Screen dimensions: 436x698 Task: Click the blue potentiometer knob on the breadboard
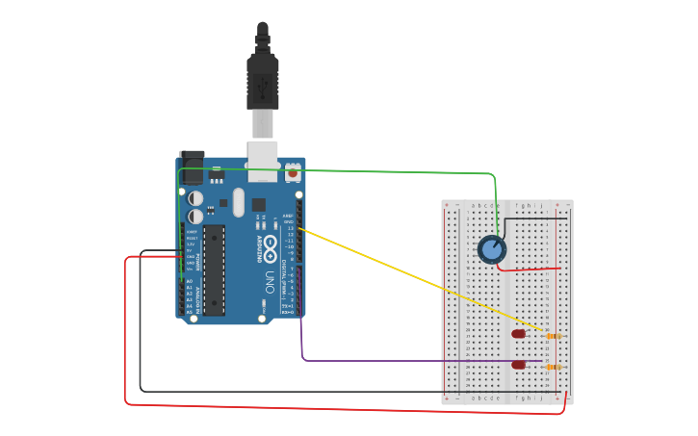pos(492,249)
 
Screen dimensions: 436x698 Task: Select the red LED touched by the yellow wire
pos(519,334)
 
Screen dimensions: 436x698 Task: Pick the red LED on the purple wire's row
pos(519,365)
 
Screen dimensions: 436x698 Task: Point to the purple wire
pos(404,361)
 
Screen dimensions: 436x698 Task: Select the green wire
pos(385,172)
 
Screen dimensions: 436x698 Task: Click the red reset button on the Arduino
pos(292,172)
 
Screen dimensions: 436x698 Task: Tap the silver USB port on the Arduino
pos(262,162)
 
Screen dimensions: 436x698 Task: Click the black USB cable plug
pos(262,82)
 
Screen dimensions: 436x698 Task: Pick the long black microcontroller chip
pos(214,269)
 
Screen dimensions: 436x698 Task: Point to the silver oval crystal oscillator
pos(238,203)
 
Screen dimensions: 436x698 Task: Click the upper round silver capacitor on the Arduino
pos(195,197)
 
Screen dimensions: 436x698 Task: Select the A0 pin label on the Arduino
pos(189,281)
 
